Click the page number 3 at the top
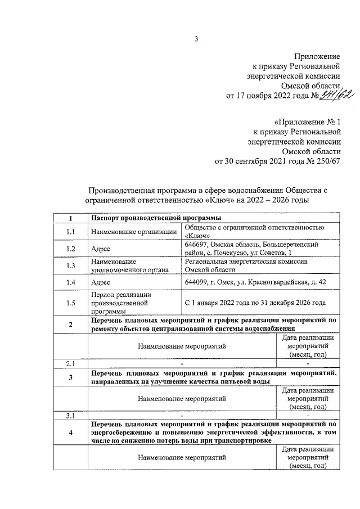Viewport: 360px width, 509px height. tap(196, 39)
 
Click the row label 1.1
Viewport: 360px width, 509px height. tap(70, 231)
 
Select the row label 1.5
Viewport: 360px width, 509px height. tap(70, 303)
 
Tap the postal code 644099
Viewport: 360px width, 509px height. tap(196, 282)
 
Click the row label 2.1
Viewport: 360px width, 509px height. tap(70, 363)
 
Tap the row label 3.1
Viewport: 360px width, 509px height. tap(70, 416)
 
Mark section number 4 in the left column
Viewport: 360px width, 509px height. tap(70, 433)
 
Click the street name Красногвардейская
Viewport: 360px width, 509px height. tap(265, 282)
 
